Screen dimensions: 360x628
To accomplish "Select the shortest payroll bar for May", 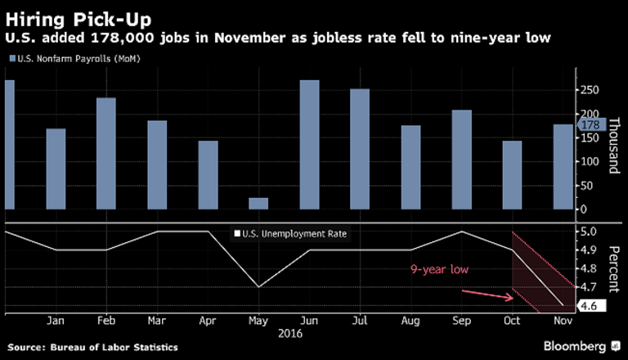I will (x=258, y=205).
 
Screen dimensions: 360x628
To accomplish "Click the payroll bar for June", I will (x=309, y=146).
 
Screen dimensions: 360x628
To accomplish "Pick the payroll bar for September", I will (x=461, y=160).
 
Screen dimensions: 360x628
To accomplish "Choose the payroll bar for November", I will (x=563, y=168).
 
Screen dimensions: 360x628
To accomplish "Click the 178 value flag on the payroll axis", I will (x=590, y=125).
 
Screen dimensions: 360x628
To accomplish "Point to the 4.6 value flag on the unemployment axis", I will (x=590, y=306).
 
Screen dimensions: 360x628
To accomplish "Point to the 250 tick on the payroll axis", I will (x=589, y=92).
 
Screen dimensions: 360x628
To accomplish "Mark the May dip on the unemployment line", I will (x=258, y=286).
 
